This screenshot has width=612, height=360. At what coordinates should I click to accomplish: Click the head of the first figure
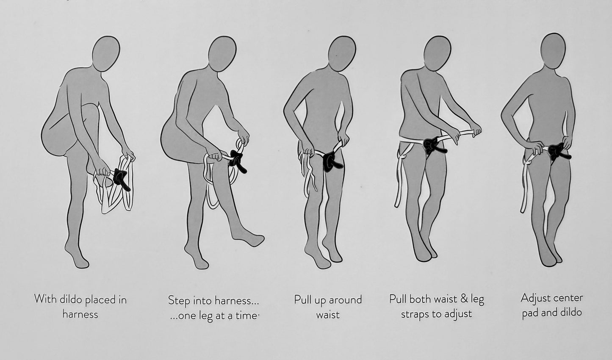coord(106,53)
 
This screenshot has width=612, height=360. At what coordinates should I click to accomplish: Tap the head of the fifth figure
coord(553,51)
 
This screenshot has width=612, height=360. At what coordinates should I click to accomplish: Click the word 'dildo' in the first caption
coord(70,299)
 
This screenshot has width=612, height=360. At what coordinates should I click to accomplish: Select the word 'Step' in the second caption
coord(179,301)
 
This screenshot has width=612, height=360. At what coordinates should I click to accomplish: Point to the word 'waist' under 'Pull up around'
coord(328,315)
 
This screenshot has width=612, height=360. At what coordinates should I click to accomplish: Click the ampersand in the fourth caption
coord(464,299)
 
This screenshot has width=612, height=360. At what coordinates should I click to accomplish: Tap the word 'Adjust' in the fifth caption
coord(534,298)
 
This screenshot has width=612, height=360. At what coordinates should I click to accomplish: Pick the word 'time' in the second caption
coord(248,316)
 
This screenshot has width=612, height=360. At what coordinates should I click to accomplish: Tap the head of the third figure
coord(342,53)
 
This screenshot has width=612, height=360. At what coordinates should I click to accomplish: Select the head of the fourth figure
coord(437,53)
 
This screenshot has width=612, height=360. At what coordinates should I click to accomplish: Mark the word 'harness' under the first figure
coord(80,314)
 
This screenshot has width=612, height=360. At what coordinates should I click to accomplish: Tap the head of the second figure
coord(222,54)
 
